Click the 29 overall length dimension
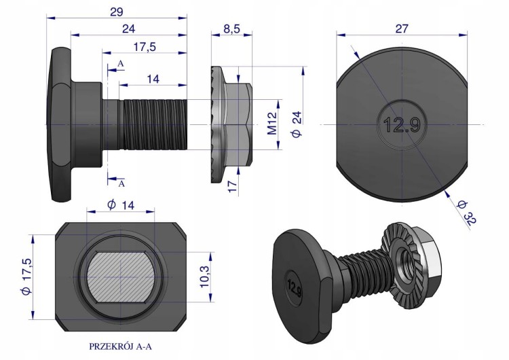point(117,12)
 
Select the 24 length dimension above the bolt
point(128,29)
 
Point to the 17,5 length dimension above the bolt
point(145,47)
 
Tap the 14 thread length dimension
point(153,79)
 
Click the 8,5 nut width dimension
point(231,29)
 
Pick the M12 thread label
point(272,123)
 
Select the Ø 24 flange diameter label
point(297,124)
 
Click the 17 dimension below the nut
point(232,187)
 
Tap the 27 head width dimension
point(402,29)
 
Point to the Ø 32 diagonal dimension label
point(466,212)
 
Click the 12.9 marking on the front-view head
point(402,125)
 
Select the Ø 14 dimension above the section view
point(120,205)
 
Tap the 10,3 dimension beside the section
point(204,276)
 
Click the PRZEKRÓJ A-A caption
point(120,346)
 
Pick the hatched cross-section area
point(120,277)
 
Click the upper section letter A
point(120,64)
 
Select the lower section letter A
point(121,184)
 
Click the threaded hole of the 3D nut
point(405,259)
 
